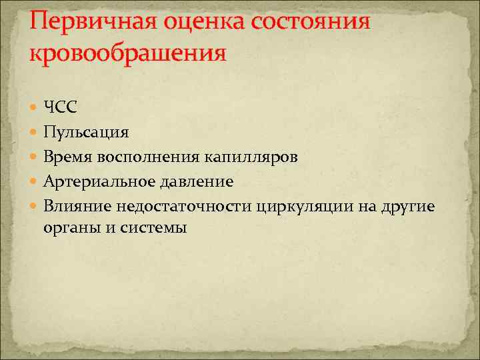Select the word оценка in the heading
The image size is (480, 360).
202,21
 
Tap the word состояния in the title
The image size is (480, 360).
311,21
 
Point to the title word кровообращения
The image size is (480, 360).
128,52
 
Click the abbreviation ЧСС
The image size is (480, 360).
61,107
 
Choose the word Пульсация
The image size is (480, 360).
86,132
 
